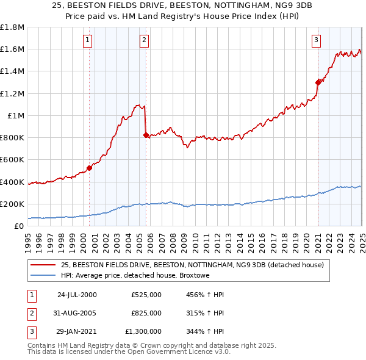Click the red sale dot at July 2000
89,168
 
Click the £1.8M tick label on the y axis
12,27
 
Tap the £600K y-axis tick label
12,160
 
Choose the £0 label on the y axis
18,226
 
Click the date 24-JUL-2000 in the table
77,295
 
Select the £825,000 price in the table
146,313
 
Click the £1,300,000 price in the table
144,331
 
